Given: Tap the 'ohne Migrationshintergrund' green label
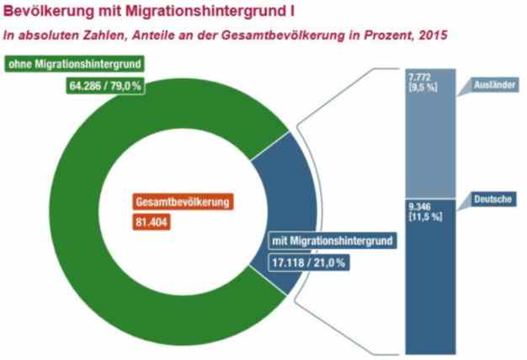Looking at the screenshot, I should pos(76,65).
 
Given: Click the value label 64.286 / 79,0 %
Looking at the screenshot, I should pos(104,84).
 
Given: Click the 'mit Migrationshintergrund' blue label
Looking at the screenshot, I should pos(332,242).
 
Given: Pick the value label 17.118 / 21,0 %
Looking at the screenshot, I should pos(308,262).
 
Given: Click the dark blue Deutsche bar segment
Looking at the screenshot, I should pos(430,286).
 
